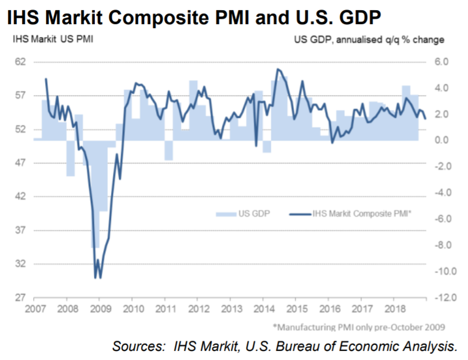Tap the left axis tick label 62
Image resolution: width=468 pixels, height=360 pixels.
[x=20, y=62]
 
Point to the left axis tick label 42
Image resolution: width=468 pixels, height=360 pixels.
[x=20, y=196]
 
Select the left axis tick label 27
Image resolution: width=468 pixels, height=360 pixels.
[x=20, y=298]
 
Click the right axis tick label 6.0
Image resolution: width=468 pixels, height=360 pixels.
[x=442, y=62]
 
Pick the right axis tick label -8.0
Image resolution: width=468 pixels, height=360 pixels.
[x=443, y=245]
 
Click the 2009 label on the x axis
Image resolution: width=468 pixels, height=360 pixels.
[x=100, y=308]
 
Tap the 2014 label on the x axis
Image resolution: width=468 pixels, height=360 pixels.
[x=264, y=308]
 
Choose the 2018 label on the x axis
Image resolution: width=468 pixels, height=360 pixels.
[x=395, y=308]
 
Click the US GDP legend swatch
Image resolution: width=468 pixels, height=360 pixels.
[x=226, y=214]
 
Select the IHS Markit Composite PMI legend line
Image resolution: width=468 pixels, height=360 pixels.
[x=300, y=214]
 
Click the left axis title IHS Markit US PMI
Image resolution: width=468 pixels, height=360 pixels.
[x=53, y=39]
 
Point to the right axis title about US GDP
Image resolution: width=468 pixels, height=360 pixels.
[x=369, y=39]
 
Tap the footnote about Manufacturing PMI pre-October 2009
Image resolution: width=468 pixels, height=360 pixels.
[x=359, y=327]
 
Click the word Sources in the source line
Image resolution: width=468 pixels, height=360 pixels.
[x=138, y=347]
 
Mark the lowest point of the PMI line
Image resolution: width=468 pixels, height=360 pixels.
[x=100, y=278]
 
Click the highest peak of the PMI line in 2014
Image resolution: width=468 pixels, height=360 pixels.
[x=277, y=70]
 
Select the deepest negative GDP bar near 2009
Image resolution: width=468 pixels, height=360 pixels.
[x=95, y=194]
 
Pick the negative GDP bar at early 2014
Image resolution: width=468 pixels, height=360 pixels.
[x=267, y=146]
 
